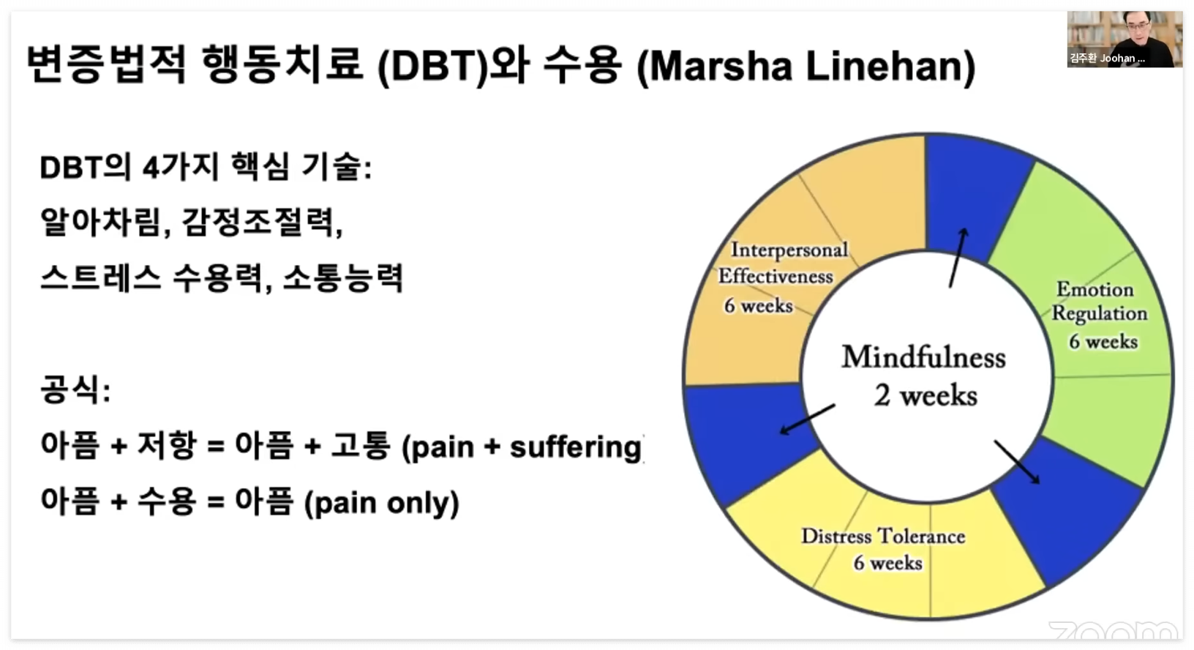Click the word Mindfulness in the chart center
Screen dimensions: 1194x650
point(923,357)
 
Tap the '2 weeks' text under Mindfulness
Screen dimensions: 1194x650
point(925,396)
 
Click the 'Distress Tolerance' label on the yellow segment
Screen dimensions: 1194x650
point(883,537)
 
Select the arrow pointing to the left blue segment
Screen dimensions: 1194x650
point(807,419)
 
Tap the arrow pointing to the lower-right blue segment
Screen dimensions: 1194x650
point(1016,461)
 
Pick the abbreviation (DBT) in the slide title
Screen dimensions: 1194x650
point(432,66)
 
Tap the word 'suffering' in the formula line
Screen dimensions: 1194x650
point(575,447)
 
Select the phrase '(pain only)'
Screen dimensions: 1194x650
point(381,503)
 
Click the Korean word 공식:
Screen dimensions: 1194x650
point(75,389)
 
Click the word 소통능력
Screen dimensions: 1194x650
point(342,278)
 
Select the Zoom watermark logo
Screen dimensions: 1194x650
point(1112,631)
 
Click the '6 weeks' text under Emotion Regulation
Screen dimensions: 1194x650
point(1103,342)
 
